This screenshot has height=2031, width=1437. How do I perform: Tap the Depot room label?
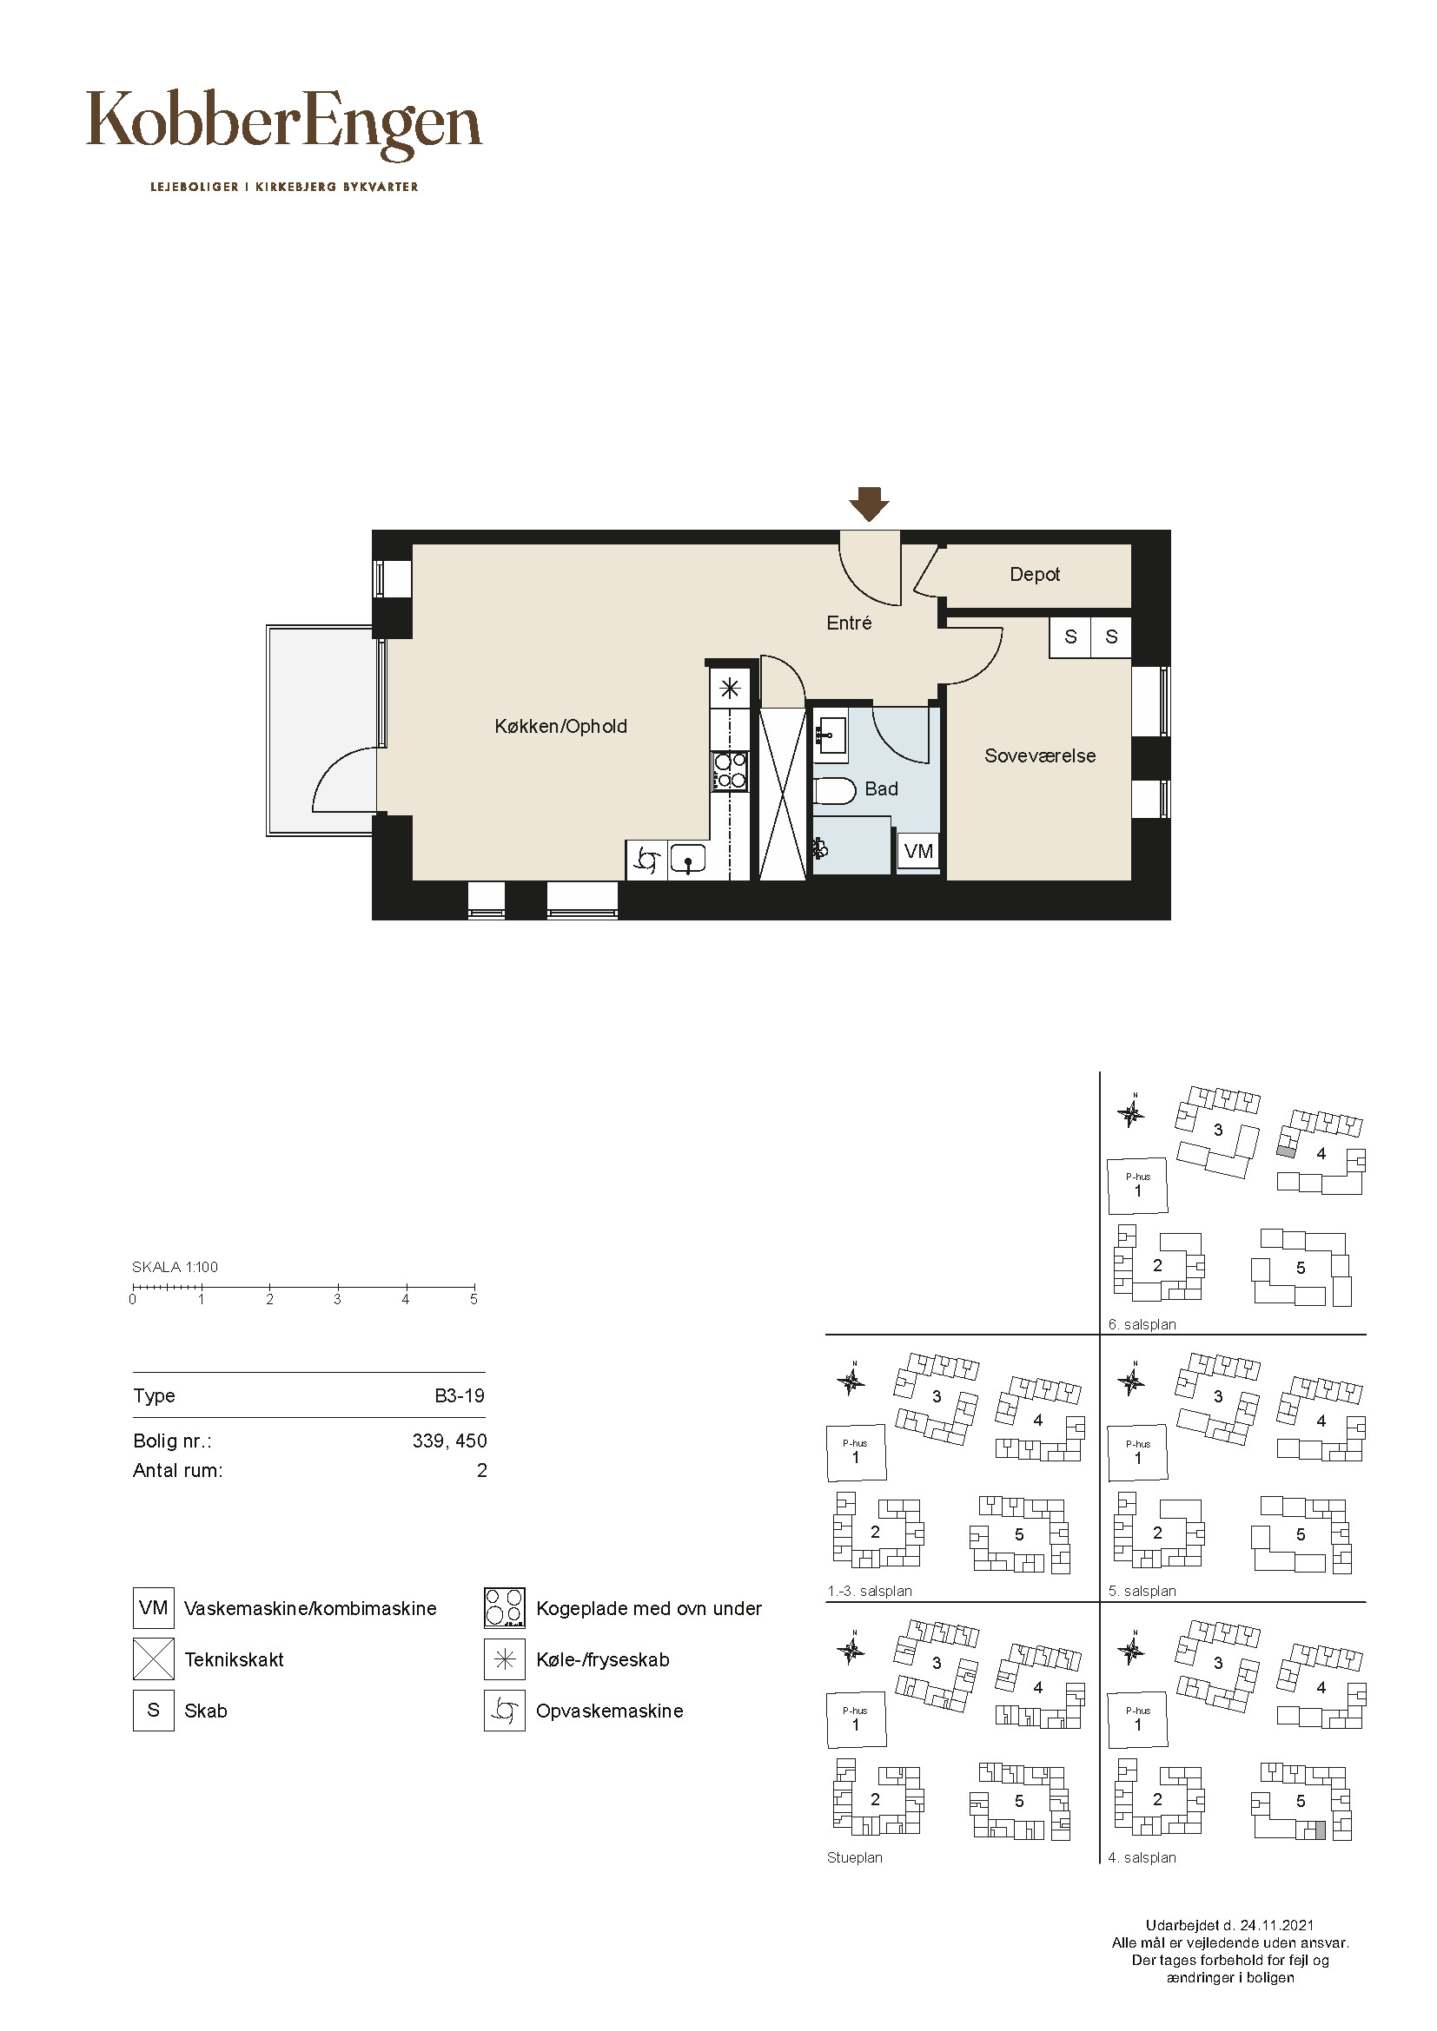click(1035, 574)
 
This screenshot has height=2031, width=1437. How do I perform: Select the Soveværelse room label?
click(1040, 755)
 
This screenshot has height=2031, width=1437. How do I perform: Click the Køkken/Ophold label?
click(560, 726)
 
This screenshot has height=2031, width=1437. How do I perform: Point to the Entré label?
click(849, 623)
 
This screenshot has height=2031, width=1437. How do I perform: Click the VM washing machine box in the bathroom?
click(918, 851)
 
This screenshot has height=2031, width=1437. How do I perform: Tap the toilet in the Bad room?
click(833, 791)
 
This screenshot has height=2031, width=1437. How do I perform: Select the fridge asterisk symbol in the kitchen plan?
click(730, 688)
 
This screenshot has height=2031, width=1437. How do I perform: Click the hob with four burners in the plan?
click(730, 769)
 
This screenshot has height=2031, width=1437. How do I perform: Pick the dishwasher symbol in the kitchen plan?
click(647, 860)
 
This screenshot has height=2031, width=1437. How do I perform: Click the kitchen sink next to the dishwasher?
click(687, 859)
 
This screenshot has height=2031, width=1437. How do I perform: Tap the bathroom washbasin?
click(830, 734)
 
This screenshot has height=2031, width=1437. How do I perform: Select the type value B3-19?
click(460, 1396)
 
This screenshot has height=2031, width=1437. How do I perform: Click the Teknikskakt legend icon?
click(153, 1659)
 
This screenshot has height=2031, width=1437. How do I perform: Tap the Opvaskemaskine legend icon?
click(505, 1711)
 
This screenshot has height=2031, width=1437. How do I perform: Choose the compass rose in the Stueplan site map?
click(851, 1649)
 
